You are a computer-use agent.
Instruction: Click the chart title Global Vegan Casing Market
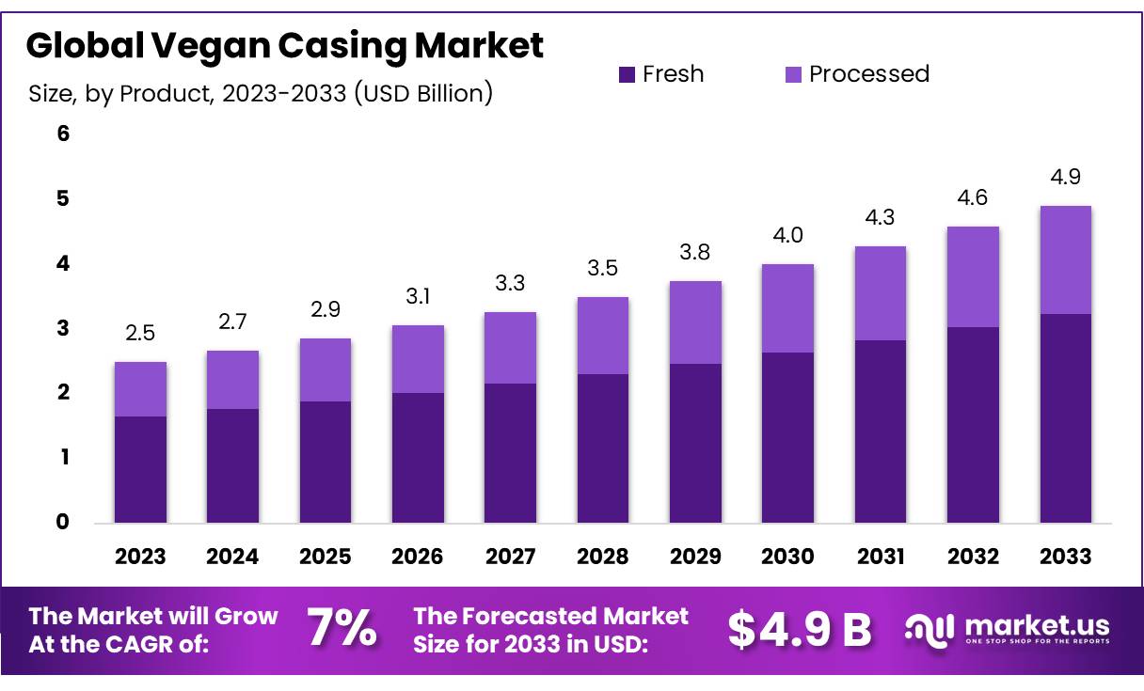(x=284, y=45)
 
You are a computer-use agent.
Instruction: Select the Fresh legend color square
(x=627, y=74)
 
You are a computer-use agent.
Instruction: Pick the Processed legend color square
(x=793, y=74)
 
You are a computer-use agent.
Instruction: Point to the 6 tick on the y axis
(x=63, y=133)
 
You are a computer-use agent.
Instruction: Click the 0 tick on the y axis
(x=63, y=522)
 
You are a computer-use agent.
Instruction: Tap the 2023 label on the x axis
(x=140, y=557)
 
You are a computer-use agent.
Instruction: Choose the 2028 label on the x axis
(x=603, y=557)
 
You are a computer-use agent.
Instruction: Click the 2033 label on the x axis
(x=1066, y=557)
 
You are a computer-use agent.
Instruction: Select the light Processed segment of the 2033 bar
(x=1066, y=259)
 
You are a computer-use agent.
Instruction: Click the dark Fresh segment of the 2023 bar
(x=140, y=469)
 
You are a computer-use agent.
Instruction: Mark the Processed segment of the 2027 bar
(x=511, y=348)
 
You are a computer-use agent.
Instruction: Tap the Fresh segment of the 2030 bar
(x=788, y=437)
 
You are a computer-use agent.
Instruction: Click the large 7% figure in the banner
(x=342, y=629)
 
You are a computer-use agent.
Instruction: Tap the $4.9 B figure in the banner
(x=800, y=630)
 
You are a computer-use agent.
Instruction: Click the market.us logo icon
(x=929, y=628)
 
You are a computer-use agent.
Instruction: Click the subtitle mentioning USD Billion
(x=261, y=94)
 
